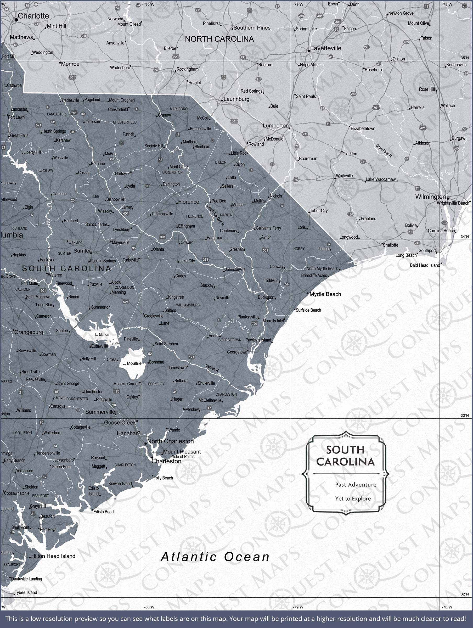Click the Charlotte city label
point(33,16)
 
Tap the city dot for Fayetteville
point(309,51)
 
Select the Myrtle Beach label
point(325,294)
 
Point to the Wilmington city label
point(430,197)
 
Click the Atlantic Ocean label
point(215,557)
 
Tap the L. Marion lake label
point(102,334)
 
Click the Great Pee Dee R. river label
point(216,215)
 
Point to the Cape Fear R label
point(384,151)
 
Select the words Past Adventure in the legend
point(356,485)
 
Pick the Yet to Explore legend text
point(353,498)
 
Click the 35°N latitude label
point(464,58)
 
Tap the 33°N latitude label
point(464,415)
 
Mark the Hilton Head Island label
point(53,556)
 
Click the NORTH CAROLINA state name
point(219,39)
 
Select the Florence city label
point(189,202)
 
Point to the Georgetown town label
point(237,352)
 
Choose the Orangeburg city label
point(29,332)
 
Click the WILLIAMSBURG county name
point(188,305)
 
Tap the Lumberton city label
point(275,126)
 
